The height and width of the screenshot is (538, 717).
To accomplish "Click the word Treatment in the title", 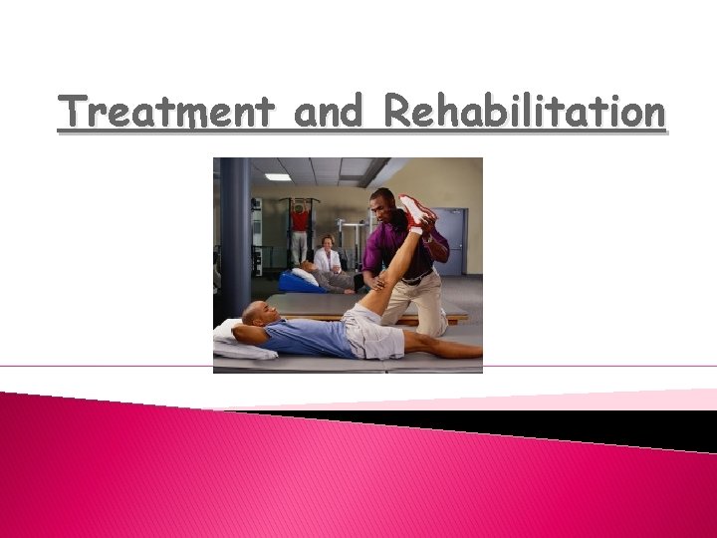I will point(165,112).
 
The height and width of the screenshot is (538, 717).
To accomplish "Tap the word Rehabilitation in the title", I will point(524,112).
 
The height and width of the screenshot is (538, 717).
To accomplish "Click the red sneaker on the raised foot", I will point(417,211).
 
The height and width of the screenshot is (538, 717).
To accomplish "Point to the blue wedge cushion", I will point(298,283).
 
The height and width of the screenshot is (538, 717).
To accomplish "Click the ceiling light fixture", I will point(278,177).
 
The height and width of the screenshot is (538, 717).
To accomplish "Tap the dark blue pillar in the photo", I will point(235,239).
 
